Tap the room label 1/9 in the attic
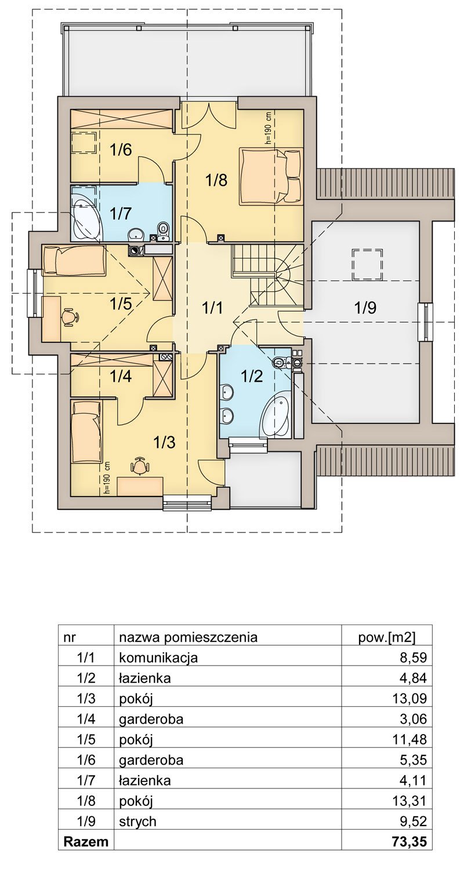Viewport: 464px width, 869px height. point(365,308)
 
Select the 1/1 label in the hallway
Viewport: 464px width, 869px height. point(213,308)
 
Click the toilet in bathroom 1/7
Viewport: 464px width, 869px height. point(163,231)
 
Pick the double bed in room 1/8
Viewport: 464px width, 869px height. point(270,176)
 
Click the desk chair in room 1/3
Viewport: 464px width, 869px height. point(139,465)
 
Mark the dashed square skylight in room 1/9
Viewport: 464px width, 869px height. point(367,264)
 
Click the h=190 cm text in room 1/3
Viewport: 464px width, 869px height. point(107,477)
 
